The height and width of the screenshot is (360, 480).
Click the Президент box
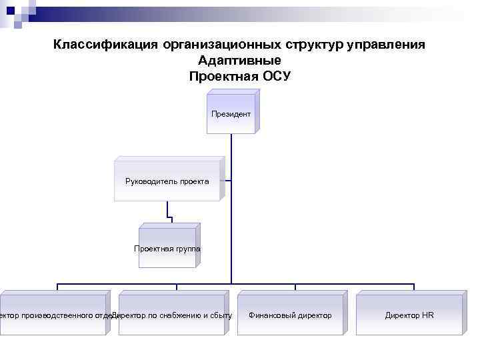click(231, 114)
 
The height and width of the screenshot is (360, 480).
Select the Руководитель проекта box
click(167, 181)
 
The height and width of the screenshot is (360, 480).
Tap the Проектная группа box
click(167, 248)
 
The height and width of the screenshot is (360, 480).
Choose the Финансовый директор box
click(290, 315)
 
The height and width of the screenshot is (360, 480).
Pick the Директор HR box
click(409, 315)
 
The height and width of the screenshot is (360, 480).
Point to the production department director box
click(53, 315)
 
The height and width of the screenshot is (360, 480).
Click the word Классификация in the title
click(105, 45)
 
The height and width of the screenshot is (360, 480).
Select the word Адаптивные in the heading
click(239, 60)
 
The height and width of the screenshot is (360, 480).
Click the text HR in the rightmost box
click(427, 315)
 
